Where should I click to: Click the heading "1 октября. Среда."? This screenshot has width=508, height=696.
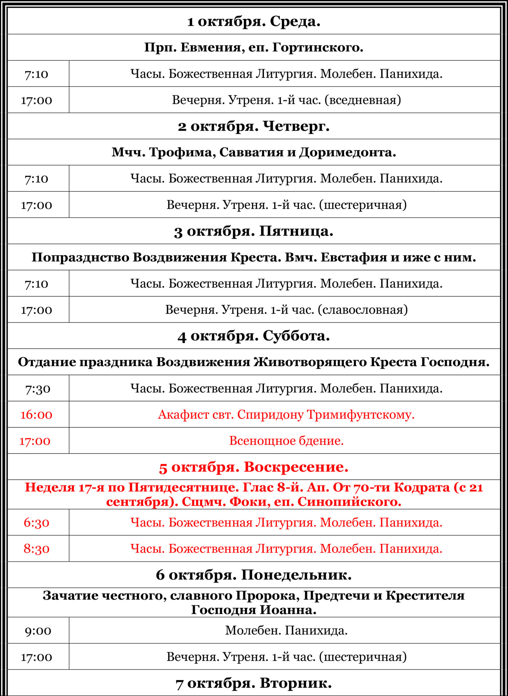(254, 21)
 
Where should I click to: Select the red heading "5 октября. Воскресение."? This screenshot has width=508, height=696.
(254, 467)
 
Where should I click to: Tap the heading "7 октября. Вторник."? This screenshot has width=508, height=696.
(254, 683)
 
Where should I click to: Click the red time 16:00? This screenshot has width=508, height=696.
(36, 415)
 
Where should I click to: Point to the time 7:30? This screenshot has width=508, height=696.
(38, 388)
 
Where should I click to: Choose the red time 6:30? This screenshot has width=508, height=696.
(36, 522)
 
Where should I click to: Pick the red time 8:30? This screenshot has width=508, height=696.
(36, 549)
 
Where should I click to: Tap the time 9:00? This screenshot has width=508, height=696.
(38, 630)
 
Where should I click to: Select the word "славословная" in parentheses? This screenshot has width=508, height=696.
(363, 310)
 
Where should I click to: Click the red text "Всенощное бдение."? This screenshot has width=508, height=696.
(286, 441)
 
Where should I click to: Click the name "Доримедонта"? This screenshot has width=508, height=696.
(347, 152)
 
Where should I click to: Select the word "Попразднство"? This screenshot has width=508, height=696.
(80, 257)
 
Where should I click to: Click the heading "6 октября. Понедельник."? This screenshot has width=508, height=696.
(254, 575)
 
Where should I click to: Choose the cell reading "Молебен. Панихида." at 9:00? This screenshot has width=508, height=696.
(286, 630)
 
